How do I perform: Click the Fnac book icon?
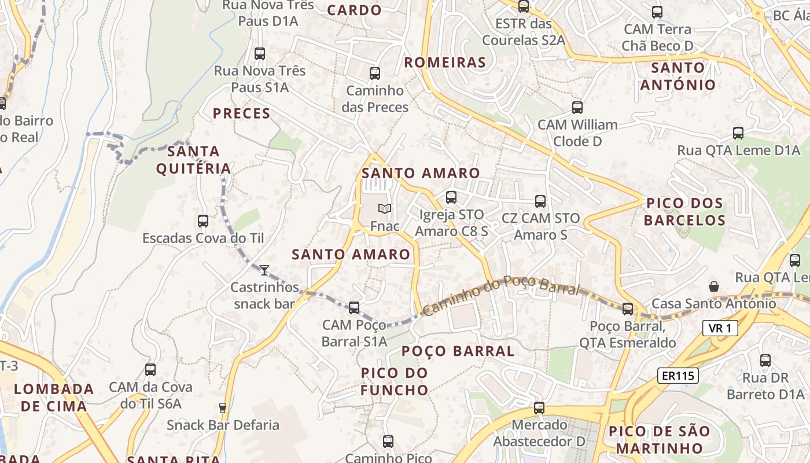click(x=385, y=208)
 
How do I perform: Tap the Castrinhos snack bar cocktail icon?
click(x=264, y=270)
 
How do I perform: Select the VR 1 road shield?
click(x=720, y=329)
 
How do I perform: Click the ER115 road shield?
click(x=678, y=376)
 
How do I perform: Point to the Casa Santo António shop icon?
click(x=714, y=286)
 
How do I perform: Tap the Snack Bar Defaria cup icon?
click(x=223, y=407)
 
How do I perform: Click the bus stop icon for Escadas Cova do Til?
click(x=203, y=221)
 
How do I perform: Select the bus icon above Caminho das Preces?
click(x=375, y=74)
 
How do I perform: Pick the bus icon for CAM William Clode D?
click(x=577, y=107)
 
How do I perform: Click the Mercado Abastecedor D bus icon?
click(x=540, y=407)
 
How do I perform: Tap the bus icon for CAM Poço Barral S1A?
click(x=354, y=307)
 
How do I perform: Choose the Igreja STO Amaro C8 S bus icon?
click(x=451, y=197)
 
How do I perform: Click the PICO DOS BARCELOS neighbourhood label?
click(x=684, y=212)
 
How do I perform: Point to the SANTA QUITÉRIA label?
click(x=194, y=160)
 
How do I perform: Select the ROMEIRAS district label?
click(x=445, y=63)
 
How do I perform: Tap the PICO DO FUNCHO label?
click(x=395, y=381)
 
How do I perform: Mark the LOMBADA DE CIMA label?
click(x=54, y=397)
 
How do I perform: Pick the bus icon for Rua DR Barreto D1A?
click(x=765, y=360)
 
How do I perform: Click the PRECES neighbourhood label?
click(x=242, y=113)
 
